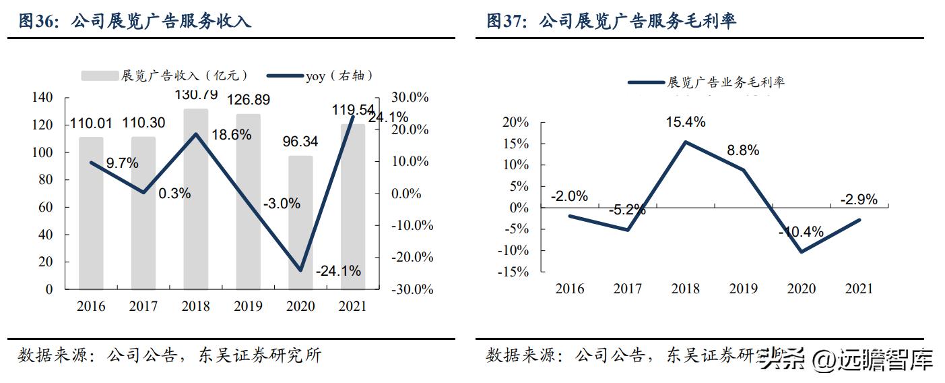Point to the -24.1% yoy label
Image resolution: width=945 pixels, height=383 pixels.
tap(338, 271)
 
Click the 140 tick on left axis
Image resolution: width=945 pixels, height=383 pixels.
tap(42, 98)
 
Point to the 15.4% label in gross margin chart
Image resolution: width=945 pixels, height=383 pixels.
tap(686, 122)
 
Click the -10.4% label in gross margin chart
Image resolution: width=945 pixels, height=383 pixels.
tap(801, 232)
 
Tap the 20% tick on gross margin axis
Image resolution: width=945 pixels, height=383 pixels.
tap(515, 123)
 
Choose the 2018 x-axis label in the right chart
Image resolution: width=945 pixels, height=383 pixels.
tap(685, 289)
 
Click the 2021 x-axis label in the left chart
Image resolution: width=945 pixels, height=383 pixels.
tap(352, 306)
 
